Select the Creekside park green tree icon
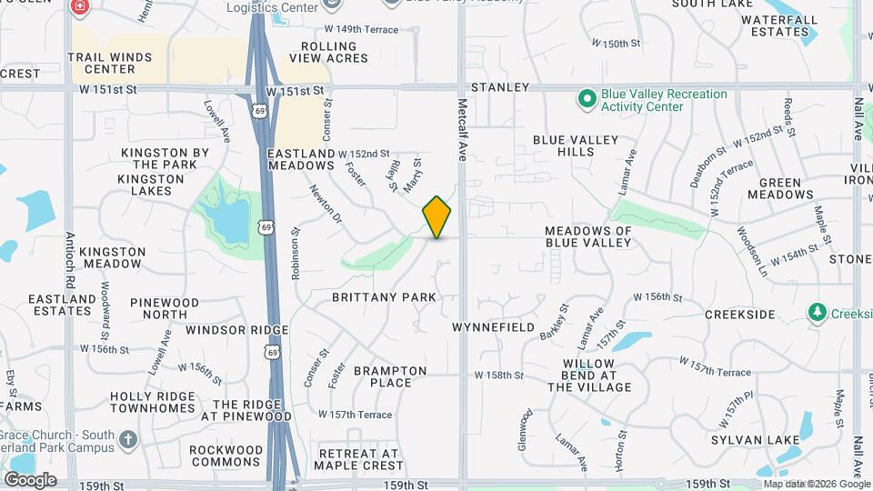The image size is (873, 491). [x=818, y=313]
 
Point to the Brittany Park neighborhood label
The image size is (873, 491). [x=384, y=297]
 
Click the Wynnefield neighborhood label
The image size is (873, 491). [x=493, y=326]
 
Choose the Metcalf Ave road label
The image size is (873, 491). [x=462, y=130]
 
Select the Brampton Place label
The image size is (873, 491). [x=390, y=376]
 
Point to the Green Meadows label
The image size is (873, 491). [x=780, y=188]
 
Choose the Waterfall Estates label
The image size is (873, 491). [x=778, y=25]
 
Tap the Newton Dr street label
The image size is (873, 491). [x=325, y=205]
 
